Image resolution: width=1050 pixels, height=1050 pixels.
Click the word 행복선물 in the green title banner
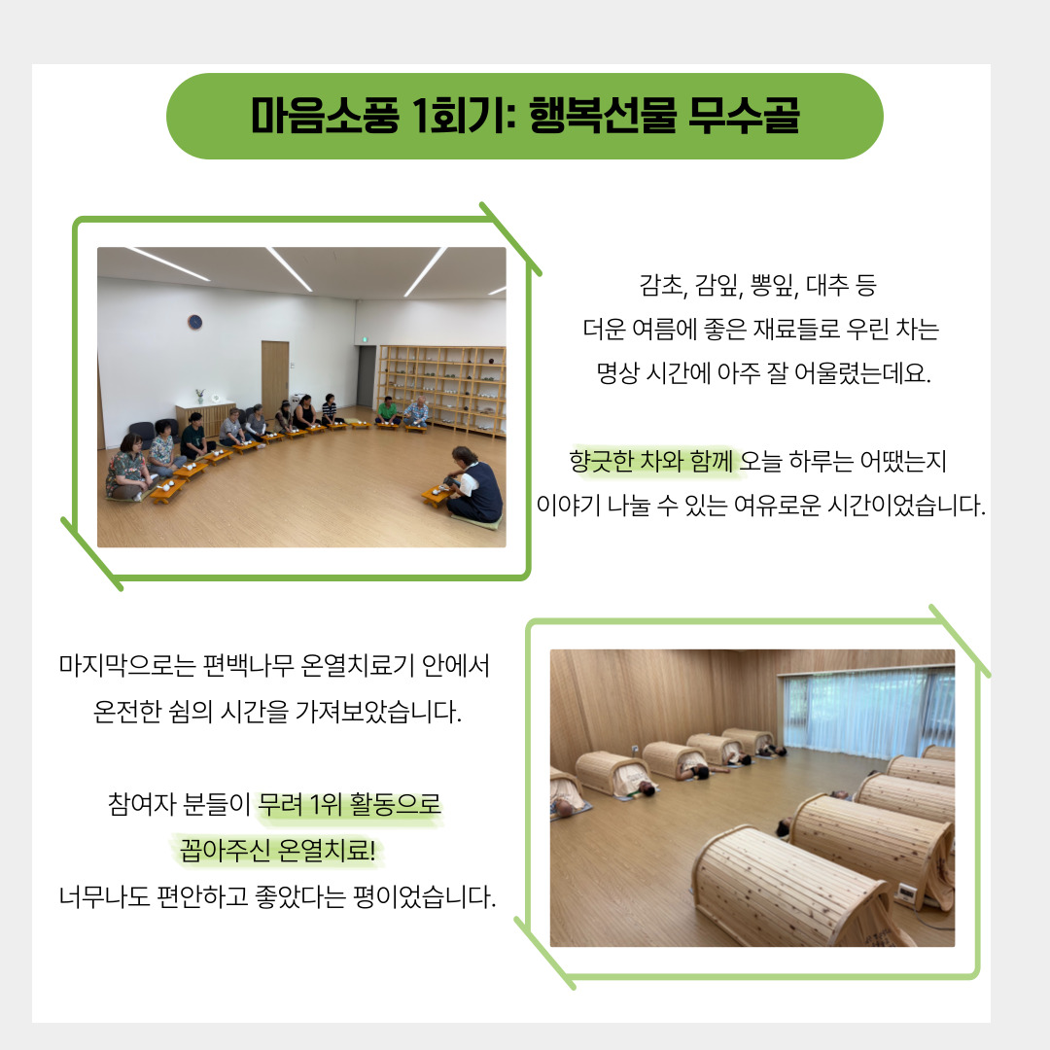[x=604, y=116]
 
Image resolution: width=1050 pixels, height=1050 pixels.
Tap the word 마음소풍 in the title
[x=325, y=116]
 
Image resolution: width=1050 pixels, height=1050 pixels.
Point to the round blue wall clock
[x=194, y=323]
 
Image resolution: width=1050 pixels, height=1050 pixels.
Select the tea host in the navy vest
[x=474, y=483]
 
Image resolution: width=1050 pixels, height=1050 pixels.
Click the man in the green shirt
[x=386, y=410]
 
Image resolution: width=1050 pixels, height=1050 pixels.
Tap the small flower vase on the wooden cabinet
[x=199, y=397]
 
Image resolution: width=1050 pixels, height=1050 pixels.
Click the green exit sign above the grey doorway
[x=364, y=340]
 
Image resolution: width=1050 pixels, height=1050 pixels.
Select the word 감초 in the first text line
[x=662, y=285]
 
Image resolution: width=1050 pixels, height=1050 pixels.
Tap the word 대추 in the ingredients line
[x=826, y=285]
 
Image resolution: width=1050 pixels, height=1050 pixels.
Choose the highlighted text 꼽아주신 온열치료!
[x=277, y=851]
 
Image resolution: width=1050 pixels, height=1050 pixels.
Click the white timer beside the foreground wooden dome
[x=906, y=892]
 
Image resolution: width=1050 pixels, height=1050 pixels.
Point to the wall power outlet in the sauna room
[x=635, y=748]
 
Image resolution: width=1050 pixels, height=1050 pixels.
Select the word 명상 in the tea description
[x=616, y=373]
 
